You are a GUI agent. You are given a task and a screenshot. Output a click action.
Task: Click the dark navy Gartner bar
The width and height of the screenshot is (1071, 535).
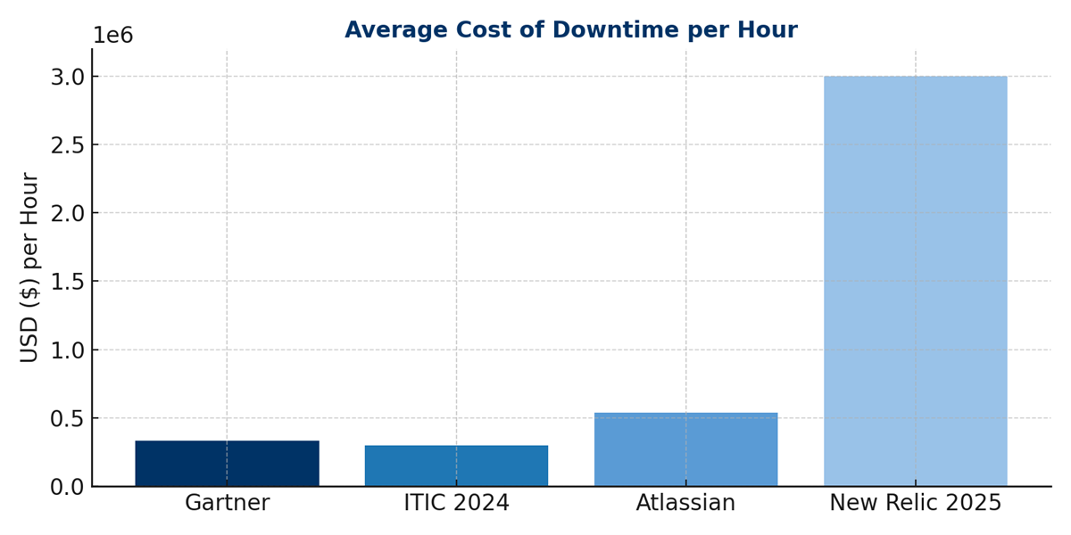[x=227, y=464]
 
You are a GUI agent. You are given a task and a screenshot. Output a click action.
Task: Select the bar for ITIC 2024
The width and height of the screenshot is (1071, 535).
[x=456, y=465]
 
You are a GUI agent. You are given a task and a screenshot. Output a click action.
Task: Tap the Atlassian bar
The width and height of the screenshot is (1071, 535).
[x=685, y=449]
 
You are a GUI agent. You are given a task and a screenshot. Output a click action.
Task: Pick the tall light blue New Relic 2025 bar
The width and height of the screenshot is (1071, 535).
[x=915, y=281]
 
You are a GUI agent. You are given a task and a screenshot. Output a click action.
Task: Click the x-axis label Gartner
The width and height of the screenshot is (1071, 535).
[x=227, y=504]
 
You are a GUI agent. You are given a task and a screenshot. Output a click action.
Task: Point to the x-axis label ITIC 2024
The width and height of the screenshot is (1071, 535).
[x=456, y=504]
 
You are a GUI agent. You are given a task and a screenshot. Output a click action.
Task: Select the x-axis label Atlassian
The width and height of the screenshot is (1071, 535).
[x=685, y=504]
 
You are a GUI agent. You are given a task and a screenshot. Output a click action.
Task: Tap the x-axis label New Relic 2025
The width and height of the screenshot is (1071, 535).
[x=915, y=504]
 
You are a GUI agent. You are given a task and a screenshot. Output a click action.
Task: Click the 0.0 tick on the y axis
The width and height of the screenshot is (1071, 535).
[x=67, y=487]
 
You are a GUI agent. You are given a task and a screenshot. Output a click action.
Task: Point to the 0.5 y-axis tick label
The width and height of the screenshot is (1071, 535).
[x=67, y=418]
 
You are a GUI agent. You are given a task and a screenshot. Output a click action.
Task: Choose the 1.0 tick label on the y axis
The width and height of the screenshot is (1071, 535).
[x=67, y=350]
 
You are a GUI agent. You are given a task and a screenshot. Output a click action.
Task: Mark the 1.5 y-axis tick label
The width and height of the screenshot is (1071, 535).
[x=67, y=282]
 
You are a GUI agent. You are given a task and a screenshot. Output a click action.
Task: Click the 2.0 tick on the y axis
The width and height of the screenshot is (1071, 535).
[x=67, y=213]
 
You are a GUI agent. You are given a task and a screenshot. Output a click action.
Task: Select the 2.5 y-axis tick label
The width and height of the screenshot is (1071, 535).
[x=67, y=145]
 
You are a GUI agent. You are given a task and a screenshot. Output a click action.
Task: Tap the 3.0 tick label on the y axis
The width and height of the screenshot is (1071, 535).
[x=67, y=77]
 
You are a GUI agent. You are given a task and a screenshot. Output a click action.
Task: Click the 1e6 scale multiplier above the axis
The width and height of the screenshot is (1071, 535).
[x=112, y=37]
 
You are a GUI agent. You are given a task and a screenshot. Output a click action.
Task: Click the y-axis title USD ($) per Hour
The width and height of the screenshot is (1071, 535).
[x=29, y=267]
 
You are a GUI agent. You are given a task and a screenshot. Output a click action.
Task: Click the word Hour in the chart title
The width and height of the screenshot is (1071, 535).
[x=770, y=30]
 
